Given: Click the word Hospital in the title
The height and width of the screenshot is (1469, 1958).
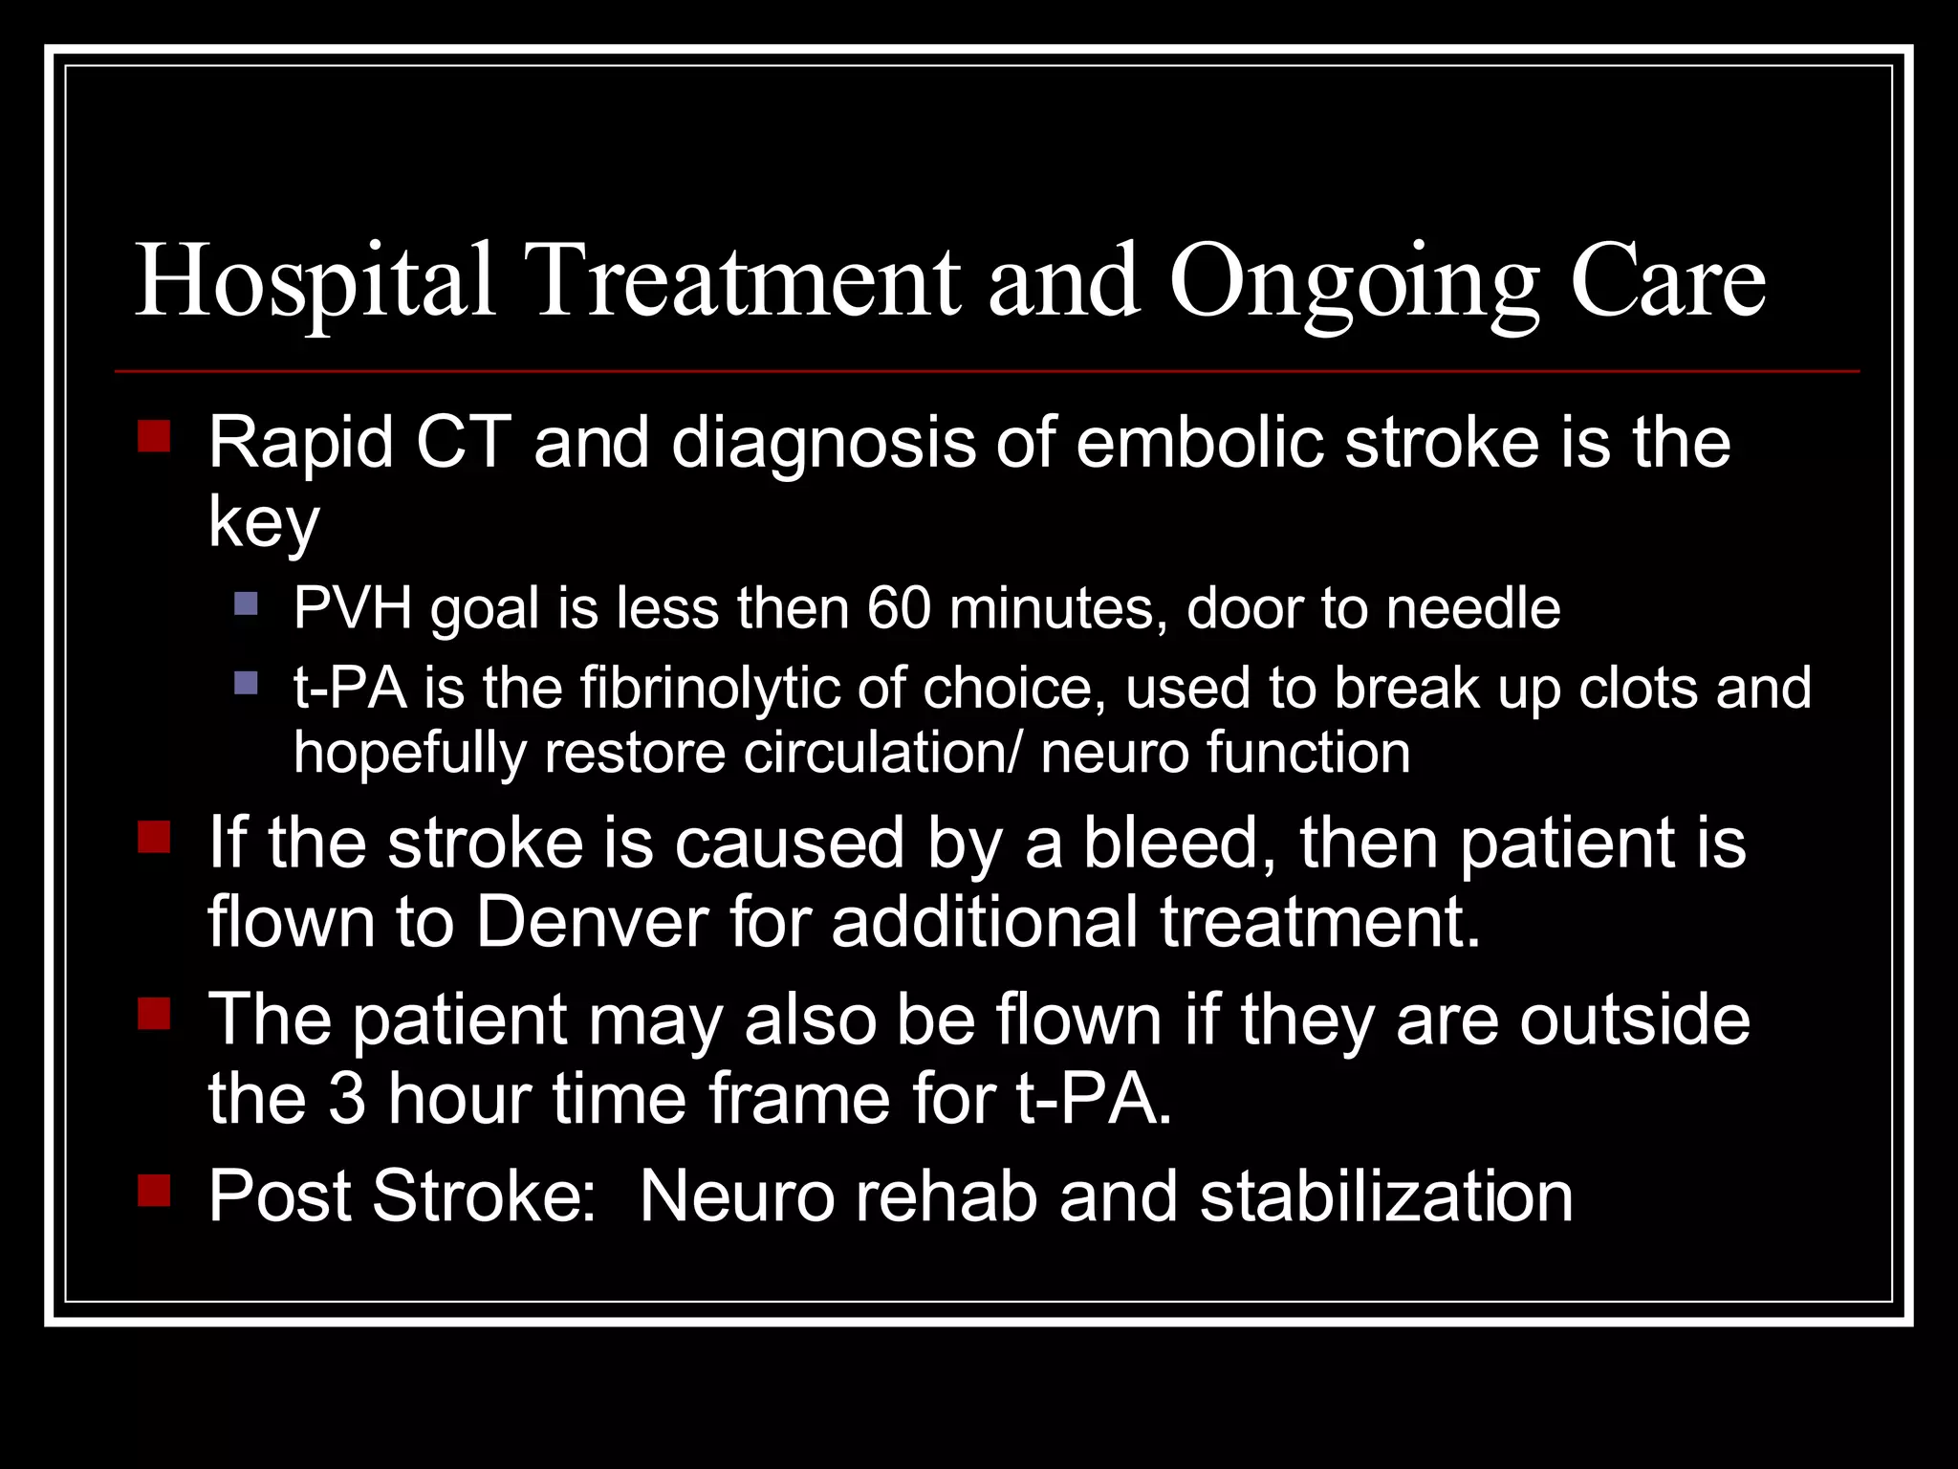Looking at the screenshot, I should [x=315, y=282].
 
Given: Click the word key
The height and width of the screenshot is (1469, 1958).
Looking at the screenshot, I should [x=264, y=525].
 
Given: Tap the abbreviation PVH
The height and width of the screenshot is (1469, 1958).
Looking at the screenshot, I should [x=352, y=608].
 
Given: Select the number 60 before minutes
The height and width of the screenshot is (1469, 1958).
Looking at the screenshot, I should [x=898, y=608].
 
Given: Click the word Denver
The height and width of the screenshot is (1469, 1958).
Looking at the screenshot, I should [x=592, y=923].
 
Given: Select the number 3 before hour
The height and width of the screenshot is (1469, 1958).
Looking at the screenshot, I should [x=347, y=1099].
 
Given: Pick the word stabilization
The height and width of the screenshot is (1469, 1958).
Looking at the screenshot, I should [x=1386, y=1196].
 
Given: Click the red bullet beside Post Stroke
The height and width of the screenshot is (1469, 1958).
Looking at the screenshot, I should [x=154, y=1191].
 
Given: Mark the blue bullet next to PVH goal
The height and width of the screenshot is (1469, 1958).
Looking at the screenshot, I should [x=246, y=603].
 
